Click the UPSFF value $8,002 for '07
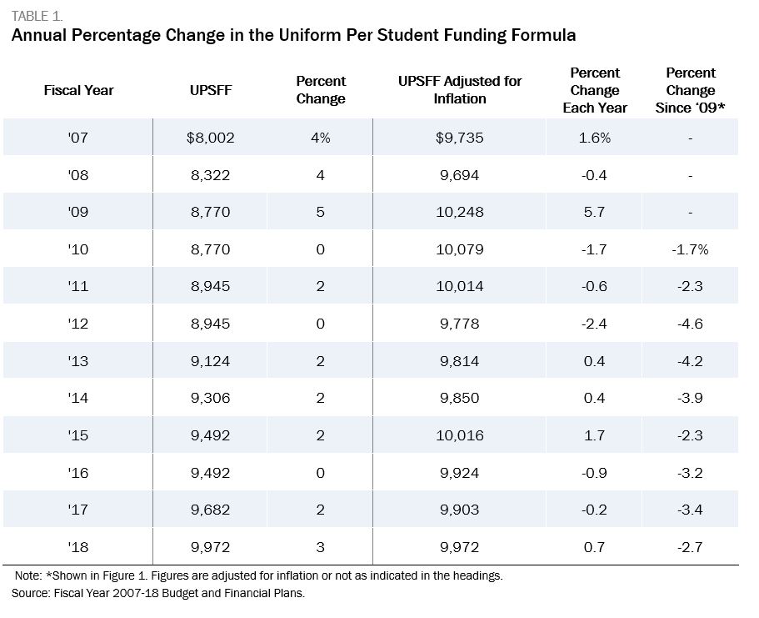pos(210,138)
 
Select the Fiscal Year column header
pos(78,90)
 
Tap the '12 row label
pos(78,324)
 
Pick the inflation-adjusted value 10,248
pos(459,212)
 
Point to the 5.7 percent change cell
pos(594,212)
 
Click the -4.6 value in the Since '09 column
pos(690,324)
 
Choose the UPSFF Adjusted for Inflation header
pos(460,90)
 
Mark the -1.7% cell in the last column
pos(690,249)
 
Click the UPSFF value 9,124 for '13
pos(210,361)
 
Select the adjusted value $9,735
pos(459,138)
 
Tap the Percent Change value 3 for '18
pos(320,547)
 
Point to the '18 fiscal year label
pos(78,547)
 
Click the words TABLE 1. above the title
pos(37,16)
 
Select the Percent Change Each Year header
pos(594,90)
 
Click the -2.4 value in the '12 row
pos(594,324)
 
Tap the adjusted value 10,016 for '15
pos(459,435)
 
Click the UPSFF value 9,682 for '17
pos(210,510)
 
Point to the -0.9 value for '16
pos(594,473)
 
